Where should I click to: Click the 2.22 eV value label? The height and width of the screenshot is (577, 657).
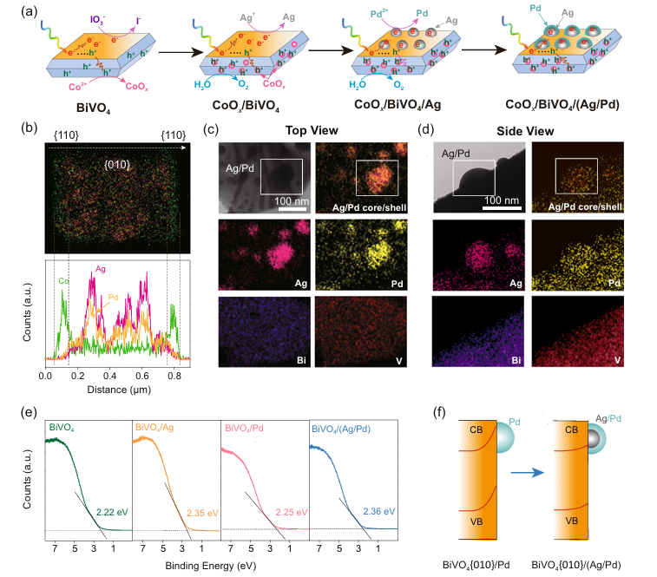click(112, 512)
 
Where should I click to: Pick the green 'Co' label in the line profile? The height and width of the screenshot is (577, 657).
click(62, 281)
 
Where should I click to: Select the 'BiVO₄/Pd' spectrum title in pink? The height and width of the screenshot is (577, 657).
click(245, 427)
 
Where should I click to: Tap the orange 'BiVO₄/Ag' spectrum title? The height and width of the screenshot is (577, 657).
click(155, 427)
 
